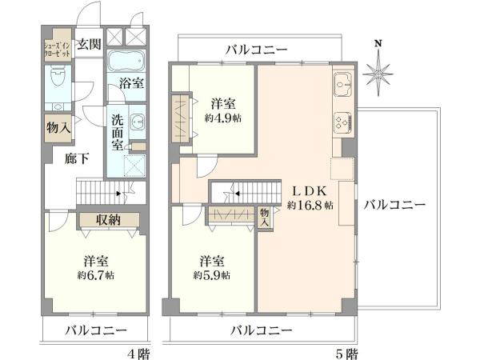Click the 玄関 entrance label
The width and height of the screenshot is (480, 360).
pos(89,44)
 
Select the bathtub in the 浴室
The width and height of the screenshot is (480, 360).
pos(126,61)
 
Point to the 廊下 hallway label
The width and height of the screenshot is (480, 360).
pos(77,158)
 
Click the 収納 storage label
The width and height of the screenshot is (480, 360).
pos(108,219)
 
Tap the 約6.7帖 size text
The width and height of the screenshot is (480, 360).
pos(96,275)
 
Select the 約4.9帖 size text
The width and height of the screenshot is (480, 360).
pos(223,118)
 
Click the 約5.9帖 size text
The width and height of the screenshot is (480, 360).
pos(212,275)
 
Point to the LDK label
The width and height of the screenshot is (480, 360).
pos(310,191)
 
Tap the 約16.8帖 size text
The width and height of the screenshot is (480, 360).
pos(310,205)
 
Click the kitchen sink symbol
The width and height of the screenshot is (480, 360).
pos(343,83)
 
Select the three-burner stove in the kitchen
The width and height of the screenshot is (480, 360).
pos(344,122)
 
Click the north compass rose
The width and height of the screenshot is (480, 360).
pos(378,74)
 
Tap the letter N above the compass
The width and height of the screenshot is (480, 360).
pos(378,43)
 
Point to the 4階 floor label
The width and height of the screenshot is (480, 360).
pos(138,354)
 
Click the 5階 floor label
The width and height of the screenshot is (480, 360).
pos(346,354)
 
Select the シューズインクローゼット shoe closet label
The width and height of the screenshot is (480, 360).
pos(58,50)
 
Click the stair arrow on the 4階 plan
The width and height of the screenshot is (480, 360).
pos(119,194)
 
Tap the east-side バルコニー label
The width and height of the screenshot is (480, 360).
pos(394,205)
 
